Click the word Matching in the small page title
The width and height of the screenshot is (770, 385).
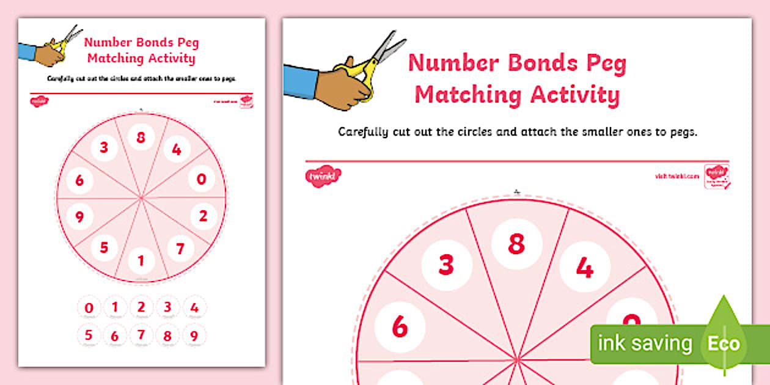click(114, 59)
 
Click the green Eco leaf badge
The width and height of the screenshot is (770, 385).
click(724, 342)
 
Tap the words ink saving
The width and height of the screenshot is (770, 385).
click(645, 343)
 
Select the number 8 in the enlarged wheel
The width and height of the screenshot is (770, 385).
click(516, 244)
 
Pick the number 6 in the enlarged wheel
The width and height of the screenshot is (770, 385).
click(400, 326)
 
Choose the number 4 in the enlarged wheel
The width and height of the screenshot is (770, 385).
click(584, 268)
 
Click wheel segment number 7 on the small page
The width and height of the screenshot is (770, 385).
click(180, 249)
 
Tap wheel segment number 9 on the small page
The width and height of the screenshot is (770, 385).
click(79, 216)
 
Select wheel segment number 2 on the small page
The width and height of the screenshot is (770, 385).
click(204, 216)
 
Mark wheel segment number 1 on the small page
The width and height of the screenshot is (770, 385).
click(141, 262)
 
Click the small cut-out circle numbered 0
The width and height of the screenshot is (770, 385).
click(89, 307)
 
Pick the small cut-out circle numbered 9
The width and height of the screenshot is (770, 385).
click(194, 335)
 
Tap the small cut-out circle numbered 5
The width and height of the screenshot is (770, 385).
click(89, 335)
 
